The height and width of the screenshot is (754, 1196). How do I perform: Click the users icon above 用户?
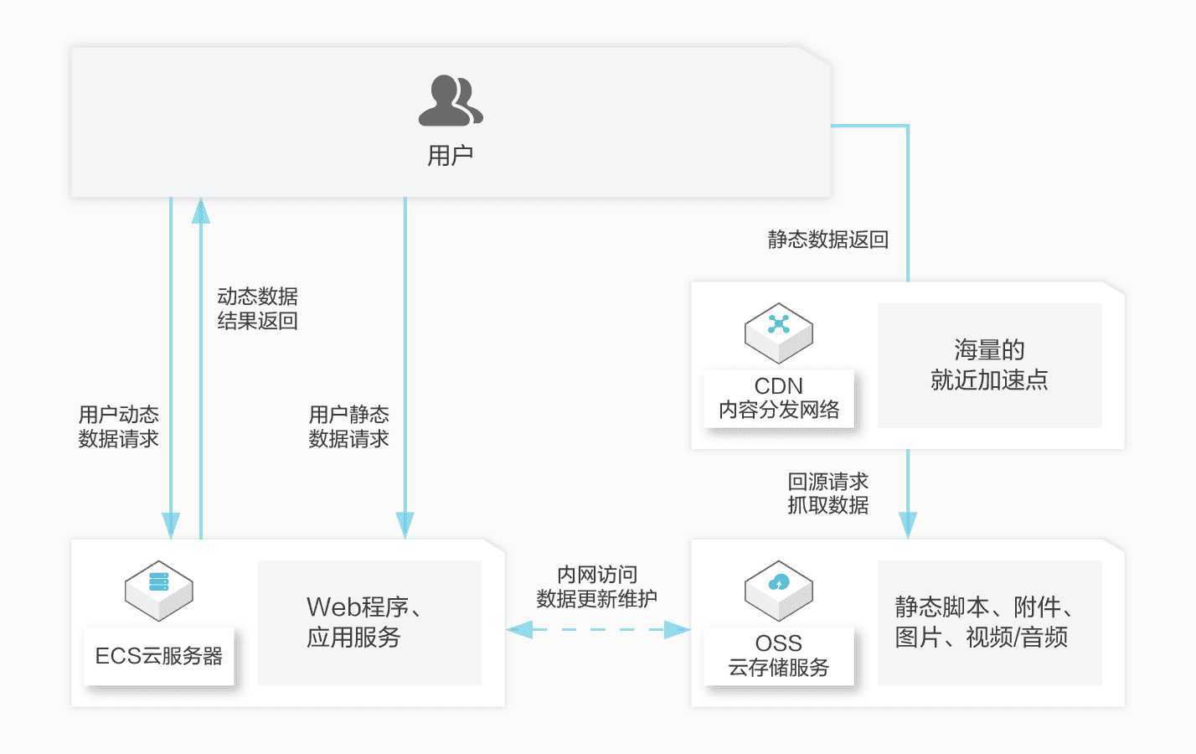pos(451,101)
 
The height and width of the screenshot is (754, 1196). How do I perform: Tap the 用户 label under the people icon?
pos(450,155)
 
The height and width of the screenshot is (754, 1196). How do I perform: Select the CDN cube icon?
pos(778,333)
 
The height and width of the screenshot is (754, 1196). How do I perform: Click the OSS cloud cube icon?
pos(778,591)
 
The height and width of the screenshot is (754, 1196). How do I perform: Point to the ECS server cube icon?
pos(158,591)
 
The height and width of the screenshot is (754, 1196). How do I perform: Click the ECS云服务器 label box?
pos(158,656)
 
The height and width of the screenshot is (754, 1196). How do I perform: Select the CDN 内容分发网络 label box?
pos(778,398)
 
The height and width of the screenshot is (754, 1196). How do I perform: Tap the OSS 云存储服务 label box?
pos(778,656)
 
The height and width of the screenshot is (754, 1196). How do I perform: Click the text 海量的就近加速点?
pos(989,364)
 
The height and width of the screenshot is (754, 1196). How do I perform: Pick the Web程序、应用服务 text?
pos(364,622)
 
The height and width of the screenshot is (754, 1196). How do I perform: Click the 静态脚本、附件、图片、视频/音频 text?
pos(984,622)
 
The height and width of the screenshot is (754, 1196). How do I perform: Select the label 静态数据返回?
pos(828,240)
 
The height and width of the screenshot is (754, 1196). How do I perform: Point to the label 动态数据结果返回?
pos(257,308)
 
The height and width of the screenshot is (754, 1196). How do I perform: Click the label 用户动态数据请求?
pos(119,426)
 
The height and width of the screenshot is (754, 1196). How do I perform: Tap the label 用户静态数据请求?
pos(348,426)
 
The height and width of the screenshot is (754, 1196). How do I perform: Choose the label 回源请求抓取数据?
pos(828,493)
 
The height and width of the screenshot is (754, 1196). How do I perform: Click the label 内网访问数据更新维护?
pos(597,586)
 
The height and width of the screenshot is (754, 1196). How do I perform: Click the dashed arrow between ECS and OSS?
pos(598,629)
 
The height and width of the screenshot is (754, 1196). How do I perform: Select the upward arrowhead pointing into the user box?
pos(201,211)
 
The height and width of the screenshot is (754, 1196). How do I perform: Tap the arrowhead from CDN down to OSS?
pos(908,525)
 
